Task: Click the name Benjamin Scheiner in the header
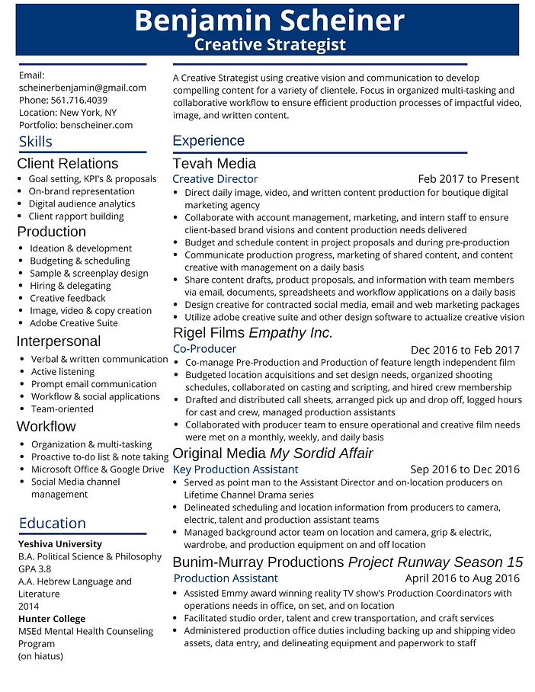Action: click(269, 21)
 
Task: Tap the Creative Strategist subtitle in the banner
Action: click(270, 45)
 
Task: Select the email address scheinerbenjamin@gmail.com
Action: click(82, 88)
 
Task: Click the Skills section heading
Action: click(36, 142)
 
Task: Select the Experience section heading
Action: click(208, 140)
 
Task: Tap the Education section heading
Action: click(53, 523)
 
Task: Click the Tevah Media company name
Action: click(214, 163)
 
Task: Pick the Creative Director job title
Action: click(215, 179)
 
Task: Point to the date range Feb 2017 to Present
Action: click(468, 179)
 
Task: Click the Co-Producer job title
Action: click(204, 349)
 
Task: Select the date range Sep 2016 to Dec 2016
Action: click(464, 469)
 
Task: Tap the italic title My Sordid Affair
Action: click(321, 453)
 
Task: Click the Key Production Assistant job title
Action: click(235, 469)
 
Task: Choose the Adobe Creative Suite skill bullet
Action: click(74, 323)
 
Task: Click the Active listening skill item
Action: click(62, 372)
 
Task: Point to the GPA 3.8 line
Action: click(35, 569)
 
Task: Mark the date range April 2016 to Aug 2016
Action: click(462, 578)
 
